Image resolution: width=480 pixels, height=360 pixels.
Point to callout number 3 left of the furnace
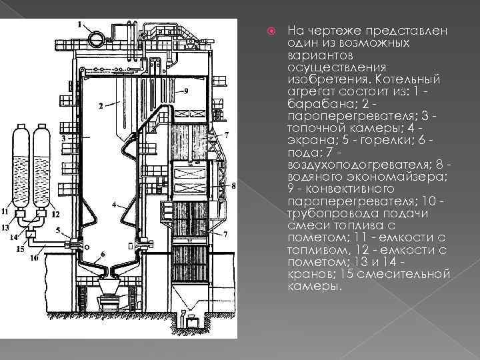click(x=62, y=137)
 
